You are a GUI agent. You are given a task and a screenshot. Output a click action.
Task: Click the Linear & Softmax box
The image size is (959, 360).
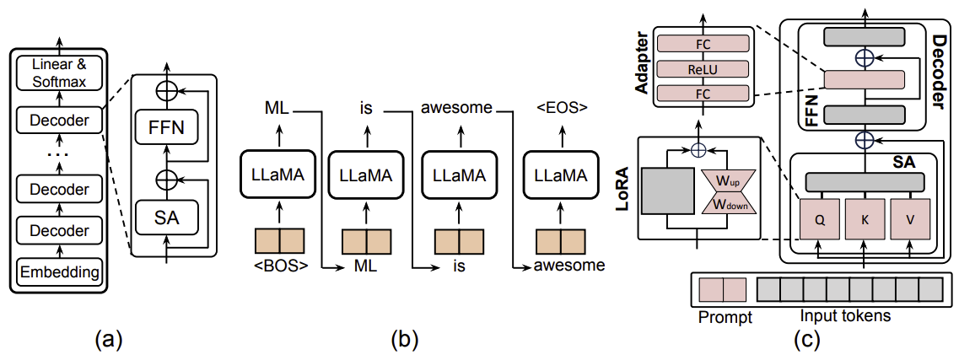(59, 73)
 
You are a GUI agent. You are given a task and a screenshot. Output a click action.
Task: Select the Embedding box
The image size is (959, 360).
(59, 272)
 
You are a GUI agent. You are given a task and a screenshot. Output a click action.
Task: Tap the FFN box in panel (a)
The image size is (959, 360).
(167, 127)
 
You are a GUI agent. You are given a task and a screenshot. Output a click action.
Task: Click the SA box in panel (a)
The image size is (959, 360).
(167, 217)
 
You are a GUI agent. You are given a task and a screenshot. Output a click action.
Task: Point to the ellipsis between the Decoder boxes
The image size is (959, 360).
(59, 155)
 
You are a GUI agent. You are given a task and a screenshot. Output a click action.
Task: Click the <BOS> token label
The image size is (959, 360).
(279, 266)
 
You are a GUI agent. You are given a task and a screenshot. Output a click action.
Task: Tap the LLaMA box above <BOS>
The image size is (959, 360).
(279, 175)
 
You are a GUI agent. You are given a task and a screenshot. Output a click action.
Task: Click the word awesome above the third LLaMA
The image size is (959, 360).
(457, 108)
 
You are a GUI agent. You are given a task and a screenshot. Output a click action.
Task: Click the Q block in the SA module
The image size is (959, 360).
(819, 220)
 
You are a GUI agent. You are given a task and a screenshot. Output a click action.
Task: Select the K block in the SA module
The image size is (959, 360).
(865, 220)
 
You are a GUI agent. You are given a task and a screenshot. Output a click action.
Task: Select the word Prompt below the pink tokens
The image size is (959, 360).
(725, 319)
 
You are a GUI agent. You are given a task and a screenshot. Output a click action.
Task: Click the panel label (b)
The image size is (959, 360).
(405, 339)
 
